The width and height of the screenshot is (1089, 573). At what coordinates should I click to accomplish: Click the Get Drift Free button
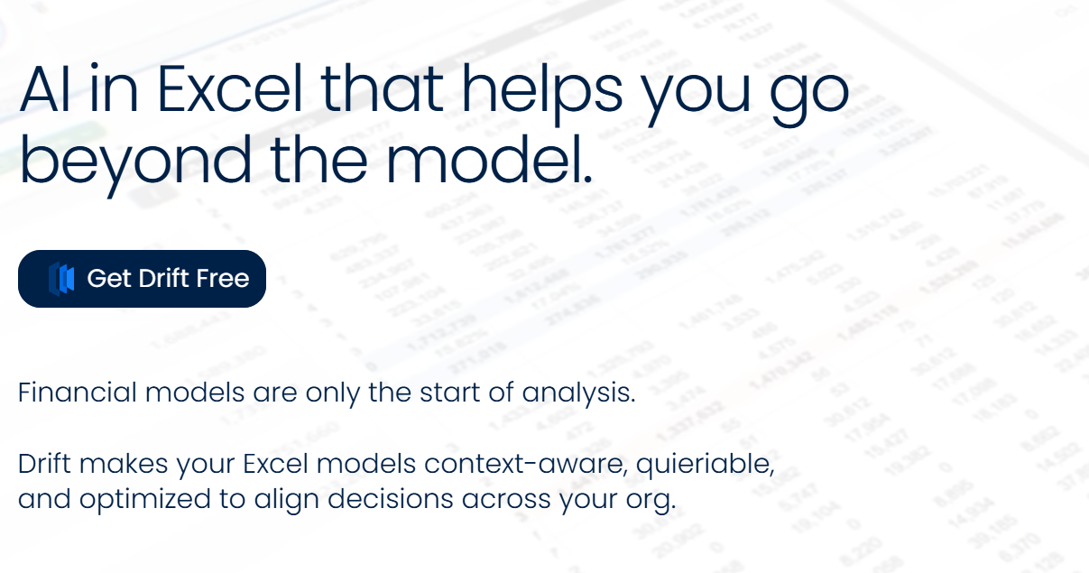tap(142, 279)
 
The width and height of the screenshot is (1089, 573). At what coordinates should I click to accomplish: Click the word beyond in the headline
tap(135, 161)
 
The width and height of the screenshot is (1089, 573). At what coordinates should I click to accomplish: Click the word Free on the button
tap(222, 278)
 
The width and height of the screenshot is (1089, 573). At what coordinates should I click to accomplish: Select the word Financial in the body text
tap(78, 393)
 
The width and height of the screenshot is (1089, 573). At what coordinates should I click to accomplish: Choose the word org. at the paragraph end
tap(654, 499)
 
